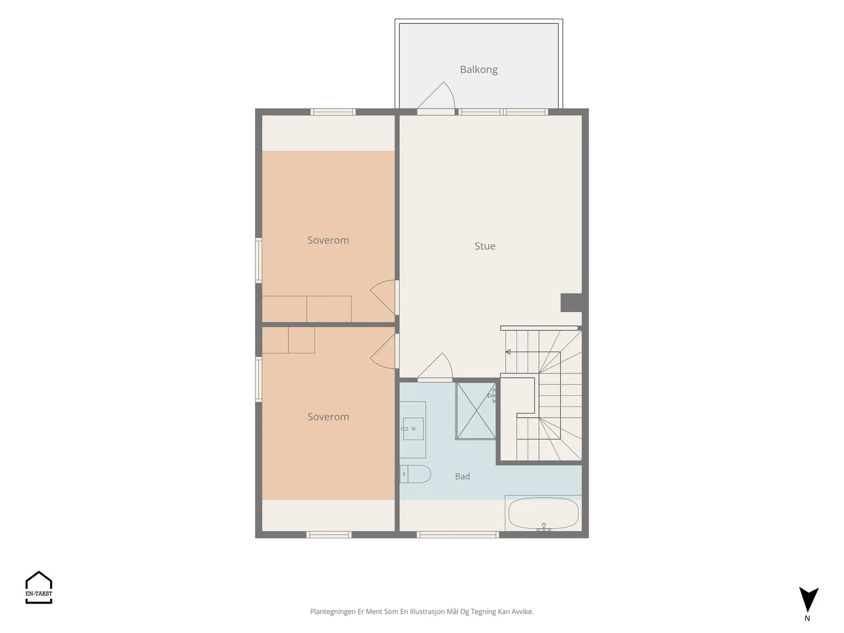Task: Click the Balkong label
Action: pyautogui.click(x=478, y=70)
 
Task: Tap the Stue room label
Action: pyautogui.click(x=484, y=246)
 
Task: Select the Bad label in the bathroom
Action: pyautogui.click(x=462, y=476)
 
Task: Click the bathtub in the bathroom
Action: pyautogui.click(x=543, y=513)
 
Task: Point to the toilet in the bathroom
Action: pyautogui.click(x=415, y=474)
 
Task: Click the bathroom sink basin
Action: pyautogui.click(x=413, y=428)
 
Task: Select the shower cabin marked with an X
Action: pyautogui.click(x=476, y=410)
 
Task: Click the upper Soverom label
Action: pyautogui.click(x=328, y=240)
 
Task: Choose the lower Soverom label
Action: pyautogui.click(x=328, y=417)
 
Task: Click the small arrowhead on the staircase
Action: pyautogui.click(x=508, y=352)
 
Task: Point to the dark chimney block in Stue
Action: pyautogui.click(x=571, y=302)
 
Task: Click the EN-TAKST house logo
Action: pyautogui.click(x=39, y=587)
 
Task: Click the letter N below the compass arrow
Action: pyautogui.click(x=807, y=618)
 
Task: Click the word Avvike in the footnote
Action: pyautogui.click(x=521, y=611)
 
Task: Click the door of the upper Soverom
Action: pyautogui.click(x=382, y=296)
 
